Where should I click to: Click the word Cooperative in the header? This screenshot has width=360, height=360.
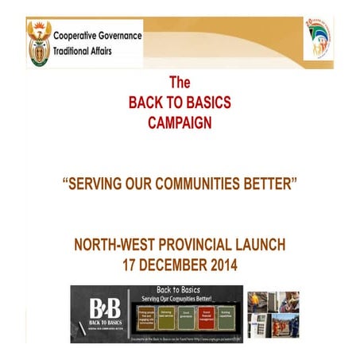pyautogui.click(x=79, y=35)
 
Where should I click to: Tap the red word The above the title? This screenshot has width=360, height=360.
pyautogui.click(x=180, y=83)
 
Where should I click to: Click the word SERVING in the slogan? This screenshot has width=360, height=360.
pyautogui.click(x=98, y=184)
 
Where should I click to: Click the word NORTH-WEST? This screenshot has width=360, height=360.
pyautogui.click(x=115, y=244)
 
